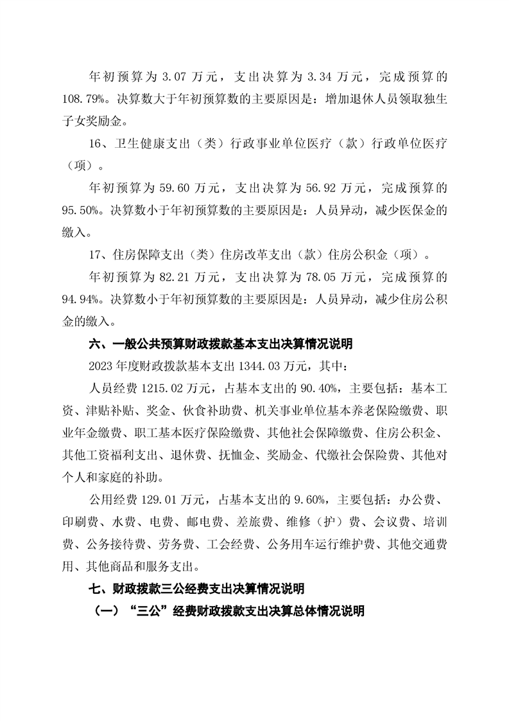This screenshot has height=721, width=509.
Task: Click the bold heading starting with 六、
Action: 220,344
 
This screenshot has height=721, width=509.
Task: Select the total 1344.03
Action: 256,366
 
